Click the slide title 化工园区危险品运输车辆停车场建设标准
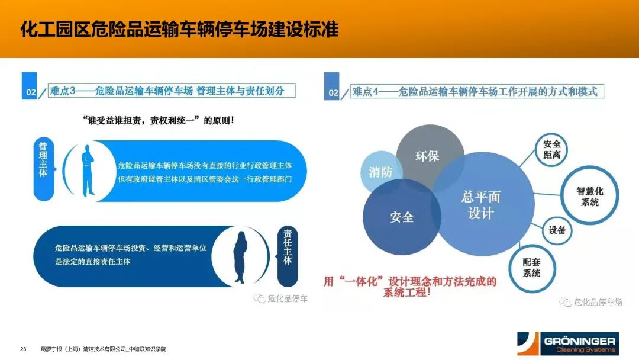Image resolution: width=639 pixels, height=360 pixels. pos(179,30)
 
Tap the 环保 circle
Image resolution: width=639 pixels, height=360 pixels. pos(430,153)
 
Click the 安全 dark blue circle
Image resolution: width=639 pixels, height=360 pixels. pos(401,217)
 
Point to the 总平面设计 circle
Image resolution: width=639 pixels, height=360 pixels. pos(483,204)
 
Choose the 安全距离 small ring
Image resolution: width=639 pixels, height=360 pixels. pos(551,150)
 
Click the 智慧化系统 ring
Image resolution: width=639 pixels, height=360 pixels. pos(589,196)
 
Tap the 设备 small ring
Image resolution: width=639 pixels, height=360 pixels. pos(557,230)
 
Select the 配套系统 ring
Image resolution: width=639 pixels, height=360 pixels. pos(532,268)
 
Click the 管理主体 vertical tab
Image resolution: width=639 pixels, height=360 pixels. pos(43,168)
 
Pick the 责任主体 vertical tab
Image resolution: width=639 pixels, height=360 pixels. pos(288,256)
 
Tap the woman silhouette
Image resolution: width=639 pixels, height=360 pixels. pos(240,257)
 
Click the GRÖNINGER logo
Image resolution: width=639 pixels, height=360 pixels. pos(567,343)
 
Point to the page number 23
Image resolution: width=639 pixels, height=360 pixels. pos(23,349)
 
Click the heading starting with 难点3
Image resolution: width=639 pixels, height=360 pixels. pos(167,91)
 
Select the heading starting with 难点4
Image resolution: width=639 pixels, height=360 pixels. pos(475,91)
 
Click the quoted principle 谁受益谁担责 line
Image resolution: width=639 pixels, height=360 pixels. pos(158,120)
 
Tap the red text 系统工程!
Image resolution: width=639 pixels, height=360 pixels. pos(406,292)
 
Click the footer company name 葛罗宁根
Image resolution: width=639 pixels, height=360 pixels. pos(103,349)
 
